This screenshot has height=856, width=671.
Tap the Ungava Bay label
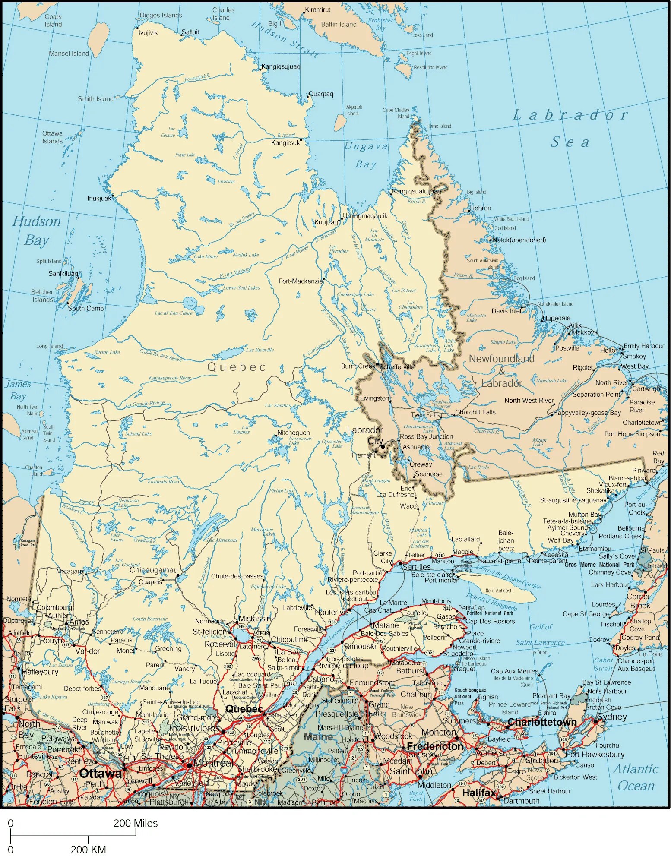tap(366, 155)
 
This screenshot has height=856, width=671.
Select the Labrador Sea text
tap(570, 128)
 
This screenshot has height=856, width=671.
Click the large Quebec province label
tap(237, 367)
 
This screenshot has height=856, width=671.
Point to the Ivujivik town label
tap(148, 33)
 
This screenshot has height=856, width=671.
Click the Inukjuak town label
tap(99, 199)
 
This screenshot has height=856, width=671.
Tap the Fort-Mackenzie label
tap(301, 281)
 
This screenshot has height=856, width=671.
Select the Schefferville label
tap(397, 367)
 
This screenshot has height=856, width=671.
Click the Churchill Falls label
tap(475, 412)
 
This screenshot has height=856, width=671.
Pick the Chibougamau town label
tap(153, 570)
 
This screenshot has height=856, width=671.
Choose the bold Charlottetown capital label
tap(542, 722)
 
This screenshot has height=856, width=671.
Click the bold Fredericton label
tap(435, 746)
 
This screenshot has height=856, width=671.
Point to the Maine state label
tap(318, 737)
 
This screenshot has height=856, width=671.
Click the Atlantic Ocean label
tap(636, 777)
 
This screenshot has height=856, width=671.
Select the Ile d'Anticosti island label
tap(499, 591)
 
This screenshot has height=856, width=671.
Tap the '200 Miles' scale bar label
tap(136, 824)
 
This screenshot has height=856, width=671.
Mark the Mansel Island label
tap(69, 54)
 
